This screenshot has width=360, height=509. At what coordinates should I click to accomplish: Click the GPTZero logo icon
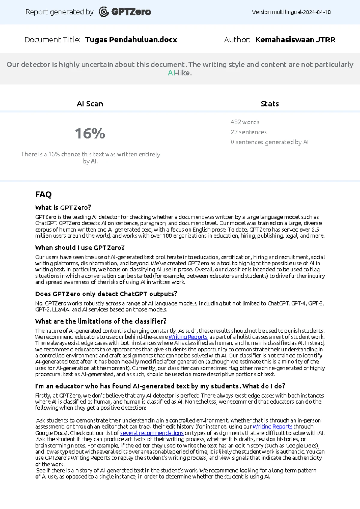[x=103, y=12]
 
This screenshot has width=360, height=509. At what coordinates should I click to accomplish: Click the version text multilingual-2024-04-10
[x=291, y=12]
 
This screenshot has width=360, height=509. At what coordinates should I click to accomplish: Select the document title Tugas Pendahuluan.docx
[x=131, y=40]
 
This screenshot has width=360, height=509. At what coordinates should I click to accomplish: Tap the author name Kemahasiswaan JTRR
[x=295, y=40]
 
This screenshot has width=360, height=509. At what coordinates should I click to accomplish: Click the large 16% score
[x=90, y=133]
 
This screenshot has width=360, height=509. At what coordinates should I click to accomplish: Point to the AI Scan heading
[x=90, y=104]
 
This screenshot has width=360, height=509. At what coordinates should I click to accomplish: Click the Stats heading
[x=269, y=104]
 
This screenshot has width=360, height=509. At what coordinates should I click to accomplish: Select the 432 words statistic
[x=245, y=122]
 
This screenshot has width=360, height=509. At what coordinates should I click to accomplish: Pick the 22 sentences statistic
[x=248, y=132]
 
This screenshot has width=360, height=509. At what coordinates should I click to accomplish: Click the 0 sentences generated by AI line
[x=269, y=142]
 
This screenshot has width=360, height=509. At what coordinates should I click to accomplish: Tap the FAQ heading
[x=43, y=194]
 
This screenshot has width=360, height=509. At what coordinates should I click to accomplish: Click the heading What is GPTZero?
[x=63, y=207]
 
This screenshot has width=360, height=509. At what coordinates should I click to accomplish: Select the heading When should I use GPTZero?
[x=80, y=248]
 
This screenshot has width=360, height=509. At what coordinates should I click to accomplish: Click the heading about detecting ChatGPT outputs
[x=106, y=294]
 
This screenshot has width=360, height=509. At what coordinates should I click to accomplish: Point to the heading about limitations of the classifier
[x=100, y=321]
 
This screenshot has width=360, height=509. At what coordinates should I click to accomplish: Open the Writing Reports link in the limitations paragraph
[x=188, y=337]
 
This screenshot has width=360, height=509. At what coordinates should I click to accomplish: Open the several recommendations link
[x=151, y=433]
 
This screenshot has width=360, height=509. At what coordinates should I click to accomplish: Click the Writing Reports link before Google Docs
[x=272, y=426]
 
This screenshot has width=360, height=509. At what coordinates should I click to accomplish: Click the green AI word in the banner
[x=171, y=73]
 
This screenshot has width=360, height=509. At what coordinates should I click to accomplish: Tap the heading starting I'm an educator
[x=160, y=386]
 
